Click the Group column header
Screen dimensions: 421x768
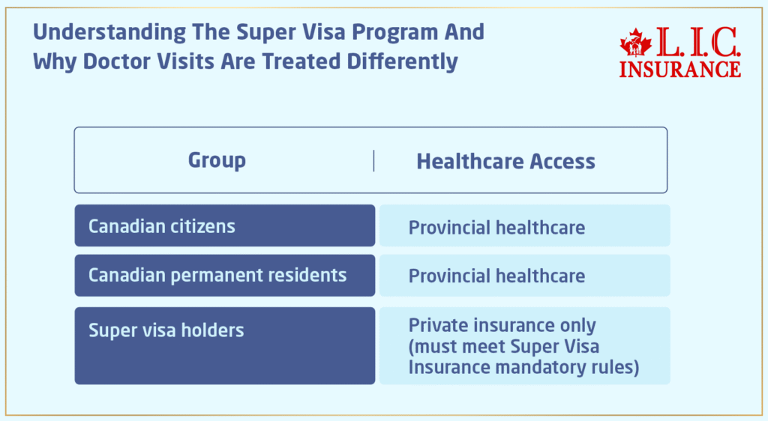(x=217, y=160)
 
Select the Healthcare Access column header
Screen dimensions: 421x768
(x=505, y=161)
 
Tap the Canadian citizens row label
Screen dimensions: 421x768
(x=161, y=226)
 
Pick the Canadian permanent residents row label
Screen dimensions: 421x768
(x=217, y=275)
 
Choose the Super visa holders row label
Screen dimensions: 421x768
(x=166, y=330)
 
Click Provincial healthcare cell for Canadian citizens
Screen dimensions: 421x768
(x=496, y=227)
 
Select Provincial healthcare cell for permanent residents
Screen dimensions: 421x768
(x=496, y=276)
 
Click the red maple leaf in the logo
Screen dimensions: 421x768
(x=636, y=45)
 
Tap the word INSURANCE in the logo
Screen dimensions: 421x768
(x=680, y=68)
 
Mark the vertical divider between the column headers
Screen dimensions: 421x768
(x=373, y=160)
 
